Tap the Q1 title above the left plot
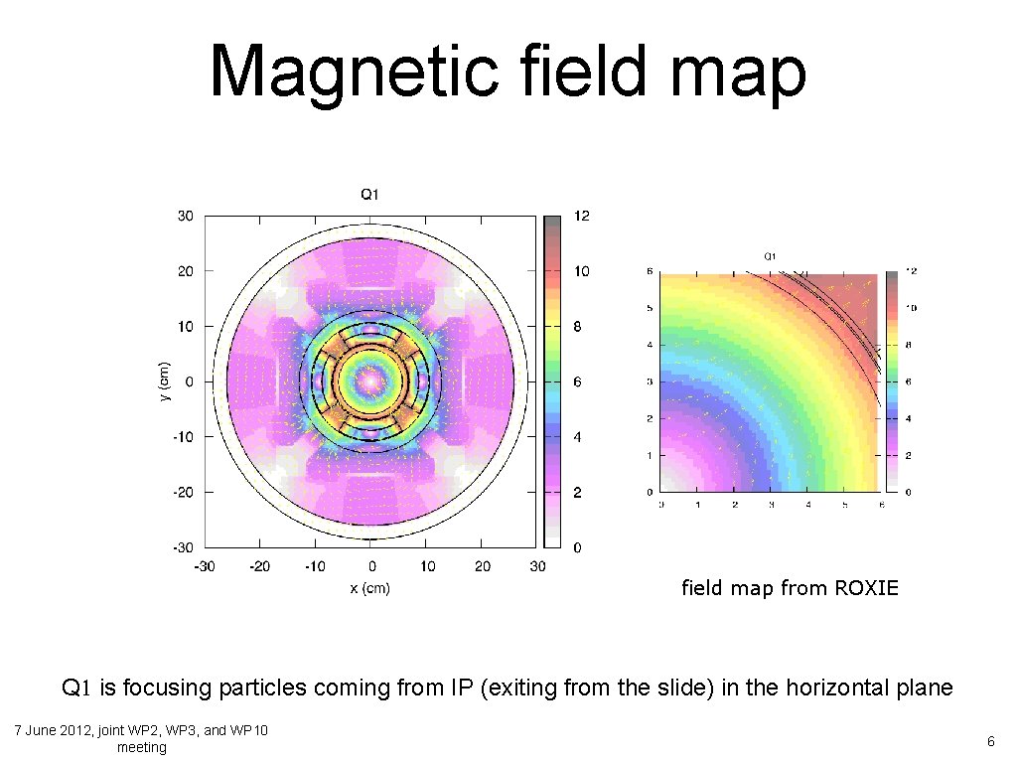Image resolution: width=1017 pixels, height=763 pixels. pos(368,195)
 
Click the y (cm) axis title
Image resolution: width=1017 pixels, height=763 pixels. pos(165,381)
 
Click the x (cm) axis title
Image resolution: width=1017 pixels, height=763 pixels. pos(370,588)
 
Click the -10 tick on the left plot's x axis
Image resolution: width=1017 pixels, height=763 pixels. pos(314,566)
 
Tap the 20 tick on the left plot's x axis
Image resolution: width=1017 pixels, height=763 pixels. pos(482,566)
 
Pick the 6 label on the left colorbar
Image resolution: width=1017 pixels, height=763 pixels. pos(578,382)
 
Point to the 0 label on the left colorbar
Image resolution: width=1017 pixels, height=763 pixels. pos(578,547)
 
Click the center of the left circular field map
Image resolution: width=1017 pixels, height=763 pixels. pos(370,381)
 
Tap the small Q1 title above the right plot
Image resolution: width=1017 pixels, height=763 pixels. pos(770,256)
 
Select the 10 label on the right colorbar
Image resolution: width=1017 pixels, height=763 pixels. pos(909,308)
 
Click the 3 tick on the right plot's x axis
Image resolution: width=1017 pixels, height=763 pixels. pos(772,505)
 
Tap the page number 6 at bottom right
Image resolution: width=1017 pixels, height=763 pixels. pos(990,741)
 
